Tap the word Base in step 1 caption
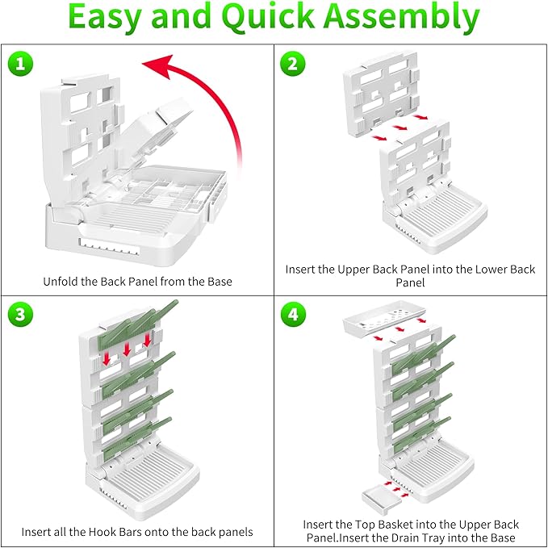pyautogui.click(x=219, y=282)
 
